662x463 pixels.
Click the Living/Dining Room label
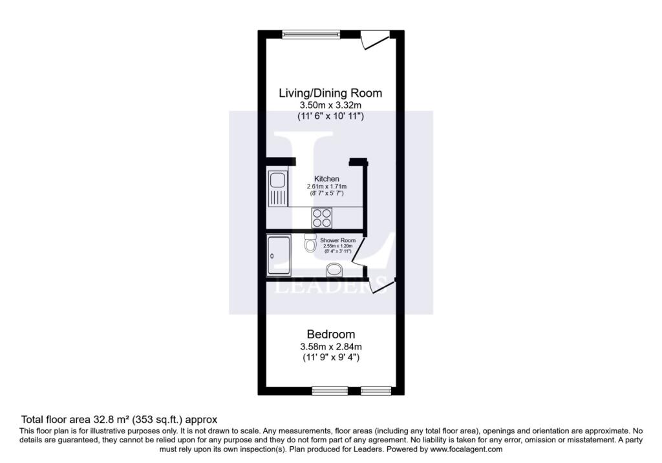(330, 93)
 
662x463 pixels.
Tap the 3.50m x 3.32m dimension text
(330, 105)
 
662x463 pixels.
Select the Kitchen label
(326, 179)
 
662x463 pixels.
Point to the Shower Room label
(337, 240)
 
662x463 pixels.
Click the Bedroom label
(330, 334)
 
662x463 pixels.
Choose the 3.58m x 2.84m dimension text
(330, 347)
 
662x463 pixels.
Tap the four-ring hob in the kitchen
(322, 218)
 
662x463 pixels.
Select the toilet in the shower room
(310, 242)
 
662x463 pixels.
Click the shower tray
(279, 256)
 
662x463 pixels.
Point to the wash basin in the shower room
(335, 270)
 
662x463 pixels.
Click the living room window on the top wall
(311, 35)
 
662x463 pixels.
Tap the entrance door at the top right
(374, 39)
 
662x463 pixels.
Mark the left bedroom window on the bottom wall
(330, 391)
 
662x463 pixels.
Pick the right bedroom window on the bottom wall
(376, 391)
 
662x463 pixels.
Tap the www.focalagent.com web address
(466, 449)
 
